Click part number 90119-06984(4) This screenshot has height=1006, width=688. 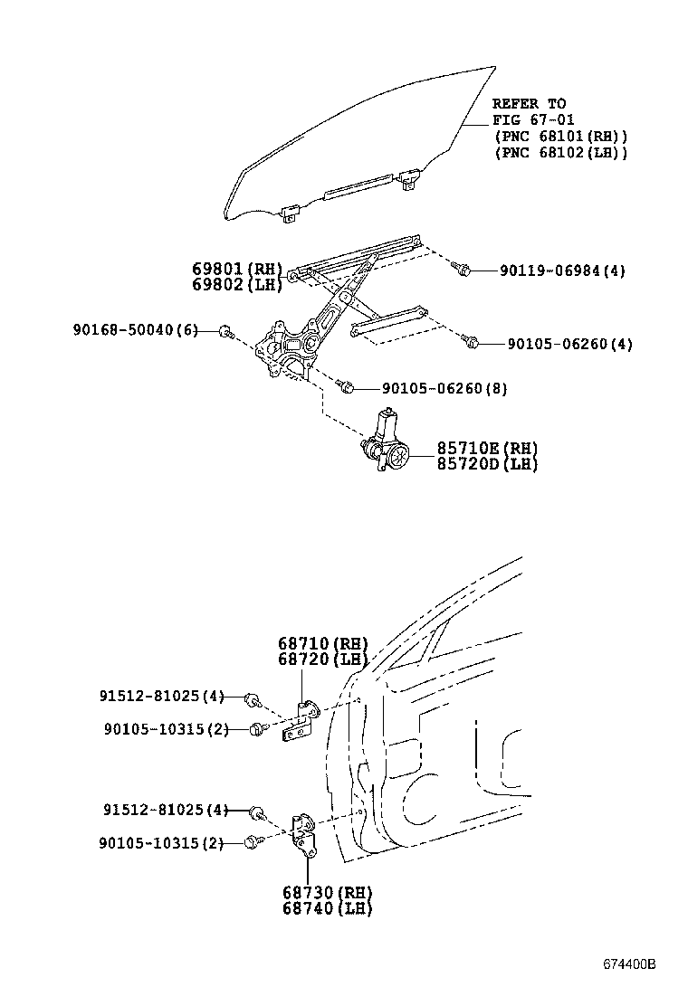[562, 270]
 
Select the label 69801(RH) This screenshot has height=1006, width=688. [237, 269]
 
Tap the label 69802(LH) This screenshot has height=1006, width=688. [237, 284]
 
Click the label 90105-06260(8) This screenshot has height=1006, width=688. [444, 388]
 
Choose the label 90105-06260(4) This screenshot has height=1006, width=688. [570, 344]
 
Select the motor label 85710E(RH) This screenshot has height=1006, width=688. [487, 449]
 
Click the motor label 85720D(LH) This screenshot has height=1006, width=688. [487, 464]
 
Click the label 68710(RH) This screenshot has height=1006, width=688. [323, 643]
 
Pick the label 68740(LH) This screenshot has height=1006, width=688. [328, 907]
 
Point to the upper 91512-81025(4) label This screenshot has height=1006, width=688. [162, 696]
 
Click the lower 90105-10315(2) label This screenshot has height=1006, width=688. [161, 843]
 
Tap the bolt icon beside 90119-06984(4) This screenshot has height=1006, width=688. [461, 269]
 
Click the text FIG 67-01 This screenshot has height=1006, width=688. [533, 120]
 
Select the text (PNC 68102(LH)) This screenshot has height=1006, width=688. [561, 153]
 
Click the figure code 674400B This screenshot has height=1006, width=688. [629, 964]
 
